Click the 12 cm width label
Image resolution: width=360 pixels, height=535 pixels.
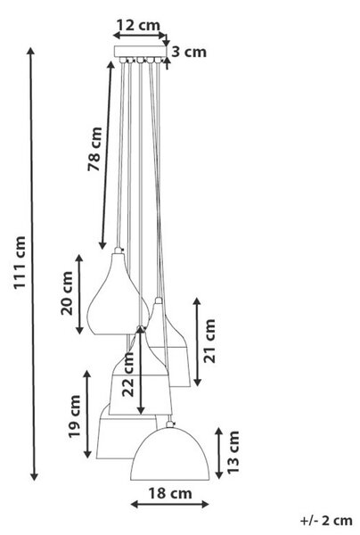tap(138, 25)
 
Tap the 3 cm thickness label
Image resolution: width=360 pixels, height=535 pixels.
tap(189, 52)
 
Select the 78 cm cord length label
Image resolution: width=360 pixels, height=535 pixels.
tap(94, 149)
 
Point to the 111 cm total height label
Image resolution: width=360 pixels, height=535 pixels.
tap(20, 262)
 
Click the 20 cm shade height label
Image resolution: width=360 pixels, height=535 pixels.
tap(67, 293)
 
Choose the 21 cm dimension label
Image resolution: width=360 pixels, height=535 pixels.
tap(209, 341)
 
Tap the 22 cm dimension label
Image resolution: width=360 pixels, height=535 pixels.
tap(128, 374)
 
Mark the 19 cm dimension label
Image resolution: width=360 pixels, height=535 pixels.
tap(74, 416)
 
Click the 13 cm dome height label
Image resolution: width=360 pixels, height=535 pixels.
tap(233, 452)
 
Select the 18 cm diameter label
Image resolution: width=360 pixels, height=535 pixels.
tap(170, 493)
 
